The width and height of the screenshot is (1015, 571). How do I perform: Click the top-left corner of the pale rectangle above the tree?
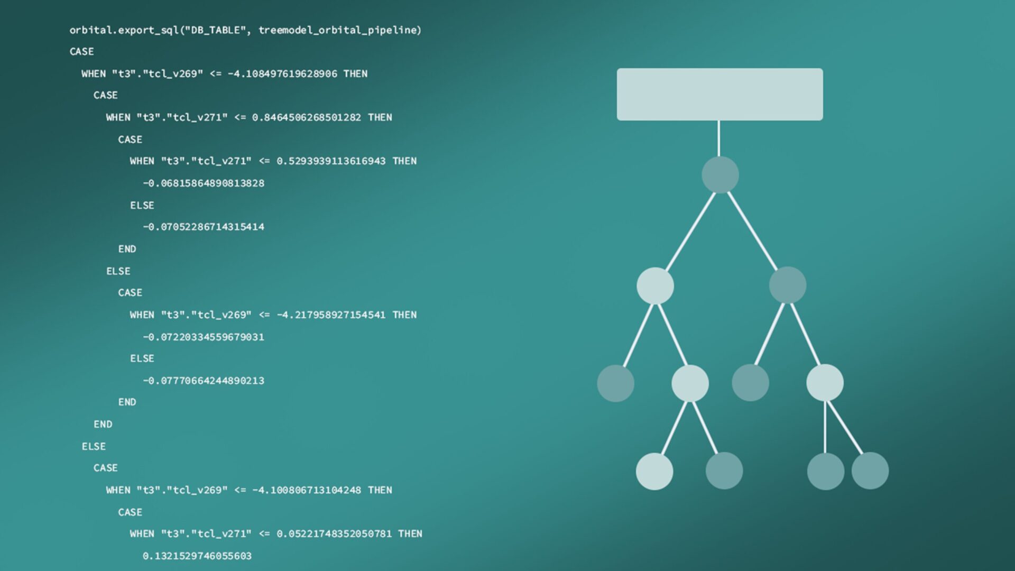(x=617, y=68)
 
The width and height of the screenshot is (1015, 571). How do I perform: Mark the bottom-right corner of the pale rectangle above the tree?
(x=823, y=121)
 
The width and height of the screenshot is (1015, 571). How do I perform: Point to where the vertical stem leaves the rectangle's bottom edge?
(x=718, y=121)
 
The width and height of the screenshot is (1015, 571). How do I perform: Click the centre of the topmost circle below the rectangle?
(x=720, y=174)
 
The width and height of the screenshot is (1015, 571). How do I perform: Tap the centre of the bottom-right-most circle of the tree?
(x=870, y=471)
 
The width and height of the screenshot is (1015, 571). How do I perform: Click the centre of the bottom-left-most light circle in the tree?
(x=654, y=471)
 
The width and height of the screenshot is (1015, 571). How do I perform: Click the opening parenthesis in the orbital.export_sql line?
(x=182, y=30)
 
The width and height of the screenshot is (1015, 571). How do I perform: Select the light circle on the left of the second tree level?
(x=655, y=285)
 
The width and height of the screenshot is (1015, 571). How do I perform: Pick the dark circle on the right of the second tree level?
(x=788, y=285)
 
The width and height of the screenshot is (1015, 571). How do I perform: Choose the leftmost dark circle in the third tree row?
(x=616, y=383)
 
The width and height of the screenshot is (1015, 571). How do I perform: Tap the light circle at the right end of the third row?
(x=825, y=383)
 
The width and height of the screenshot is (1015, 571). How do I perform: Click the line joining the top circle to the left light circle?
(x=690, y=232)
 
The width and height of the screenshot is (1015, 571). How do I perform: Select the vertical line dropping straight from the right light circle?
(x=825, y=427)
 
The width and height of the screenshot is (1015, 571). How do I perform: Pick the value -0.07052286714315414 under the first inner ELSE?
(x=204, y=227)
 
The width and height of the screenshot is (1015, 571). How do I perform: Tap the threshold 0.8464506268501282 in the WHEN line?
(x=307, y=117)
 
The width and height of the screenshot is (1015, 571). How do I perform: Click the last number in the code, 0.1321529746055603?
(x=197, y=556)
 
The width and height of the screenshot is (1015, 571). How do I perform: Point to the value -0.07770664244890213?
(x=204, y=381)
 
